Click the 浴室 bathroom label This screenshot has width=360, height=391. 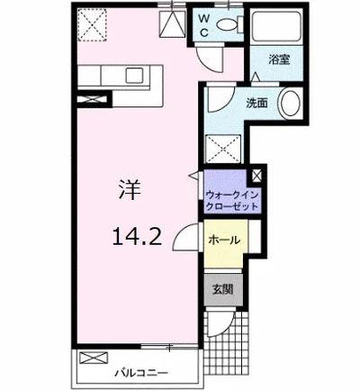(279, 60)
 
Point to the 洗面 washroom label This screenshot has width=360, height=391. (256, 102)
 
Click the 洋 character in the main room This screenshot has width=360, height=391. (126, 190)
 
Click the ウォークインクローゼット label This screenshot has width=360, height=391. (232, 200)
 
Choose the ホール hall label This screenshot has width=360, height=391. (223, 241)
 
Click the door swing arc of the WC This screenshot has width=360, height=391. (208, 60)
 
